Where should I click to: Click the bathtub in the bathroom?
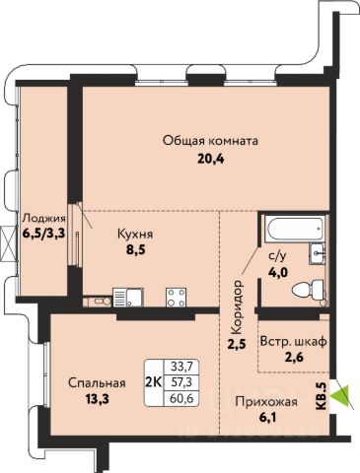pos(295,229)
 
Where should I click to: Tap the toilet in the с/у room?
pos(309,290)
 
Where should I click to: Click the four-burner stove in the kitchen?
pos(176,298)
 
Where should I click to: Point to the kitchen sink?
pos(128,298)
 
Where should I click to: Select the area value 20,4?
pos(210,160)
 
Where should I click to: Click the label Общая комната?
pos(210,141)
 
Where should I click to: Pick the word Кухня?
pos(135,235)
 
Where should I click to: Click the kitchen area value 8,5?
pos(135,250)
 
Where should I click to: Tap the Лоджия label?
pos(44,218)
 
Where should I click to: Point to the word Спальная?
pos(97,383)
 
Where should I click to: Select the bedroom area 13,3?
pos(97,399)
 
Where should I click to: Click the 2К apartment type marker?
pos(153,382)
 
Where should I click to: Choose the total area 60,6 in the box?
pos(181,399)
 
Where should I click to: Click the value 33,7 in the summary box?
pos(181,366)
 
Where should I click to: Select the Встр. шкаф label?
pos(293,341)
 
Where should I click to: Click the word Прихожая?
pos(266,402)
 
